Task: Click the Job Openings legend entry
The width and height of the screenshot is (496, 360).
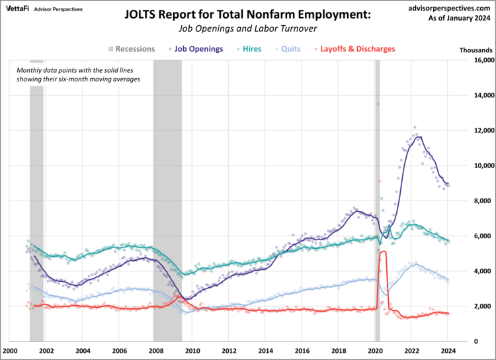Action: pos(198,49)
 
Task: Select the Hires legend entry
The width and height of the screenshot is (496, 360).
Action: pos(251,49)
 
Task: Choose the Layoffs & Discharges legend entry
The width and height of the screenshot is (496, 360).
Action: pos(357,49)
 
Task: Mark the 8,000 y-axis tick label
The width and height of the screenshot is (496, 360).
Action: pos(477,201)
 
